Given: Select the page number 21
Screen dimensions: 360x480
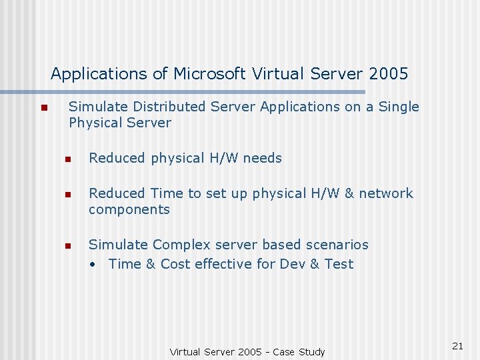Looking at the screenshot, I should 457,345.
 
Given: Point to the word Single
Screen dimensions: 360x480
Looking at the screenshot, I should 399,107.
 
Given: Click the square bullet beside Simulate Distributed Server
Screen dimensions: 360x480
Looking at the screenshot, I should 43,108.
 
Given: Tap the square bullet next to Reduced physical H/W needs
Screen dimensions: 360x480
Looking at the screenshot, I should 67,159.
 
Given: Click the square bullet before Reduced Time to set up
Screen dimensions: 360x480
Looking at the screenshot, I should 67,195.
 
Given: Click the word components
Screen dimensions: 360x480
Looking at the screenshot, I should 129,210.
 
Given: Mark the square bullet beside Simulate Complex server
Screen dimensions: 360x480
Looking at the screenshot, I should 67,246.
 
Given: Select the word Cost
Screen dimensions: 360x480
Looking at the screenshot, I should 175,264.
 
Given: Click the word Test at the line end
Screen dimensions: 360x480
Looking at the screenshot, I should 339,264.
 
